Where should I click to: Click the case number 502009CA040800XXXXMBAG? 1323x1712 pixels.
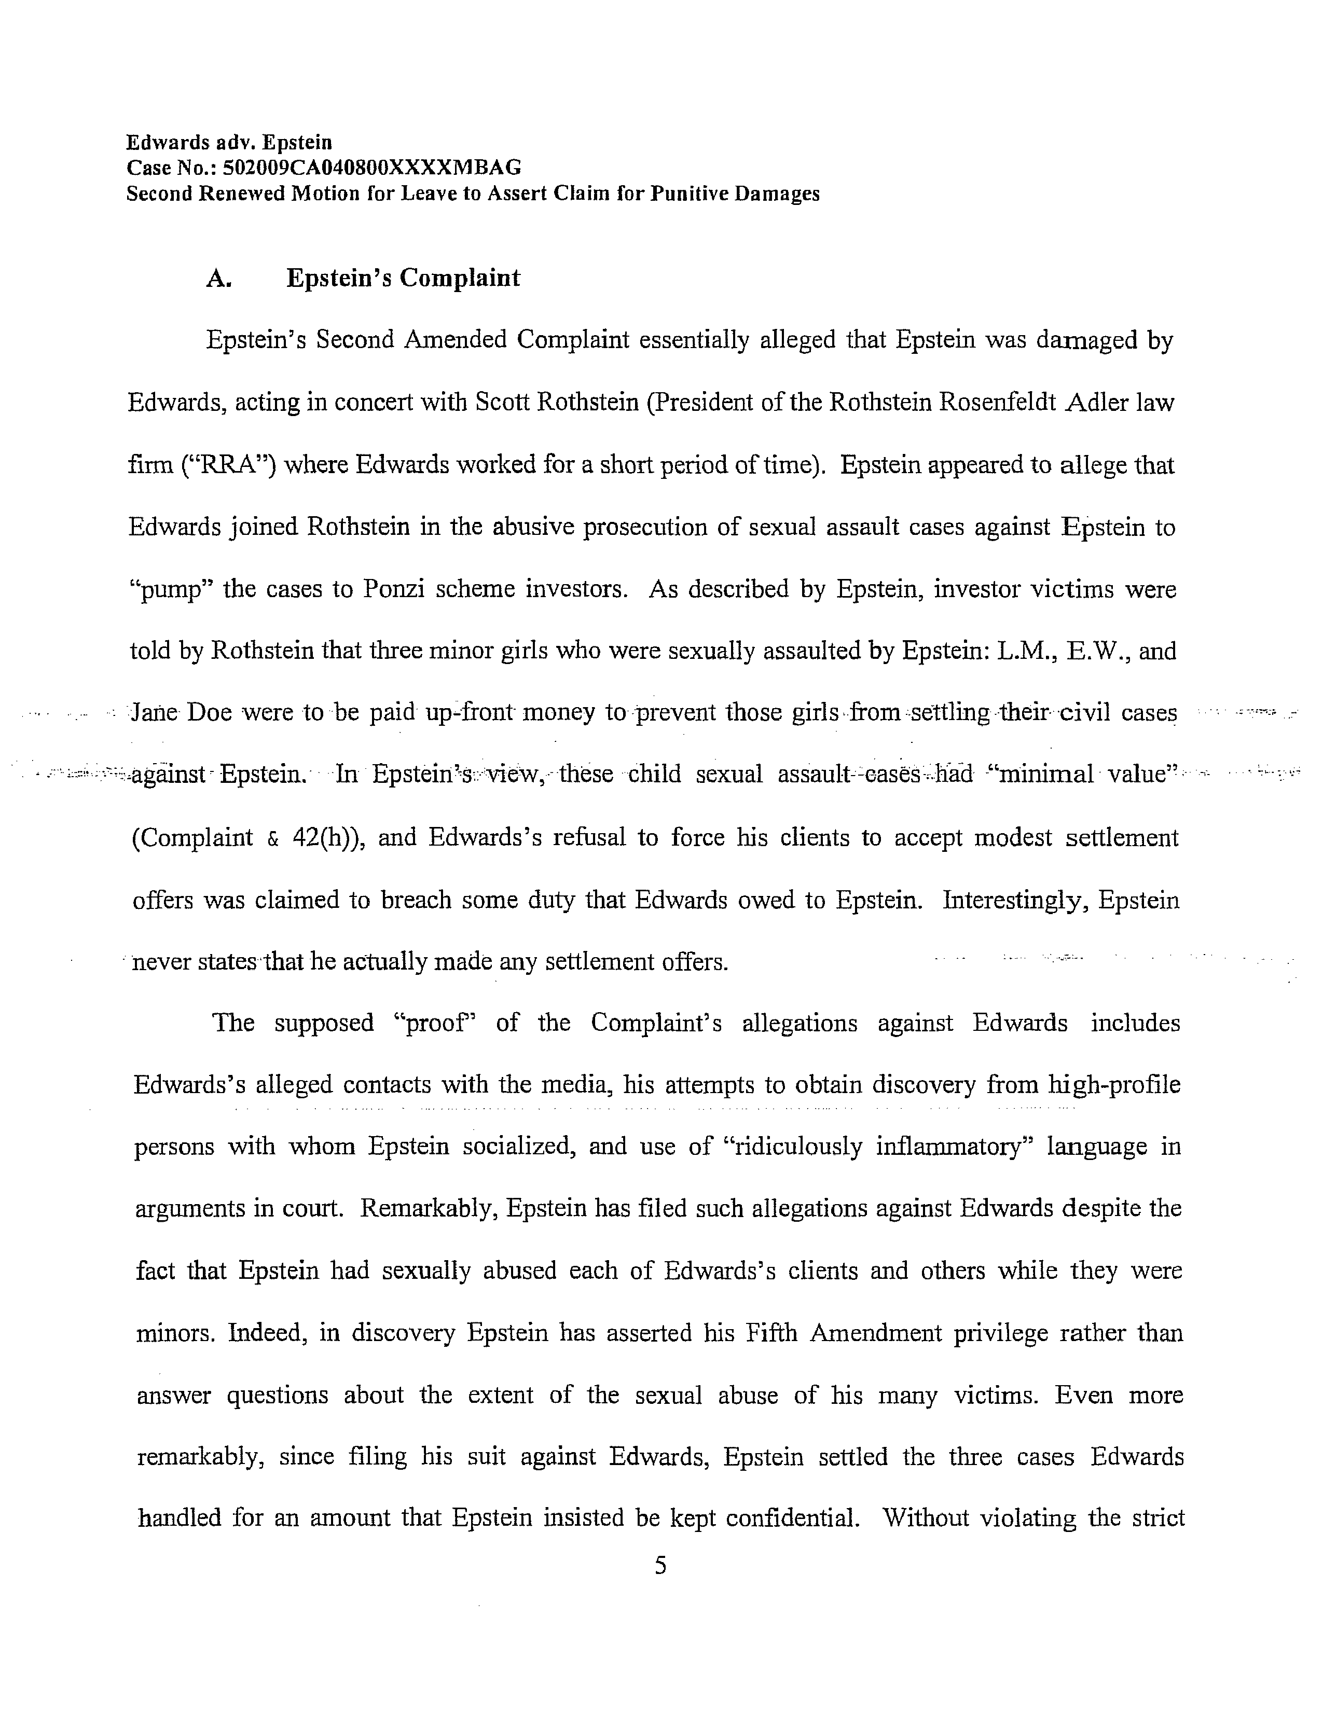coord(373,168)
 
